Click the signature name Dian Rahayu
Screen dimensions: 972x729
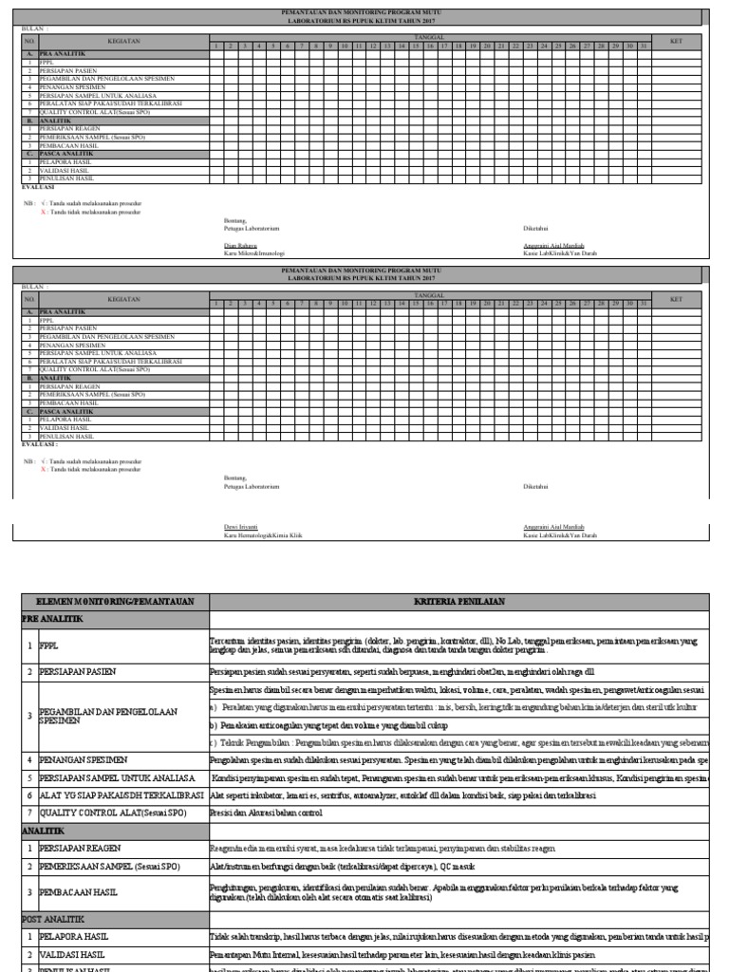tap(237, 245)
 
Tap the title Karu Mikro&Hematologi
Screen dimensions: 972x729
tap(248, 253)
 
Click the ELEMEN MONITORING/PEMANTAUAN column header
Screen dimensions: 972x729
tap(114, 602)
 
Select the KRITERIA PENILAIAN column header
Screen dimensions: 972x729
tap(459, 602)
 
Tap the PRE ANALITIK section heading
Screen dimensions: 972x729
tap(53, 618)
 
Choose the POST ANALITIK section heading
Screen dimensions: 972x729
tap(55, 919)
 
